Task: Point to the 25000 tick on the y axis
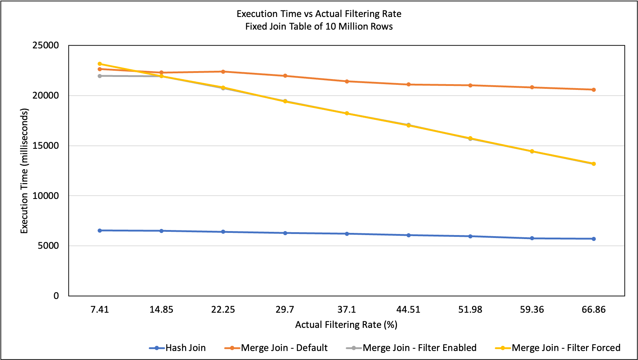click(x=45, y=45)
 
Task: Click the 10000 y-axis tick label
click(x=45, y=196)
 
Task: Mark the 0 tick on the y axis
click(x=56, y=296)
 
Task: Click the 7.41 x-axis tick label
click(x=100, y=309)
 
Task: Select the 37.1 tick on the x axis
click(x=347, y=309)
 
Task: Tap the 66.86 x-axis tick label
click(x=594, y=309)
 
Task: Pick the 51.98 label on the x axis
click(x=470, y=309)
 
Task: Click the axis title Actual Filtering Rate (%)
click(x=346, y=325)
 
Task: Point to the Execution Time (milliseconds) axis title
click(x=24, y=171)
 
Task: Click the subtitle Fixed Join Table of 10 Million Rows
click(x=319, y=26)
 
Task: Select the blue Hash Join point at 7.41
click(x=100, y=230)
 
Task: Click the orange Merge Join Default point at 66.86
click(x=594, y=90)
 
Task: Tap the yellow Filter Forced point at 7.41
click(x=100, y=64)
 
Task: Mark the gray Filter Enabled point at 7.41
click(x=100, y=76)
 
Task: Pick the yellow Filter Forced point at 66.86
click(x=594, y=164)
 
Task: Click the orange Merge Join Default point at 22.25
click(x=223, y=71)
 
